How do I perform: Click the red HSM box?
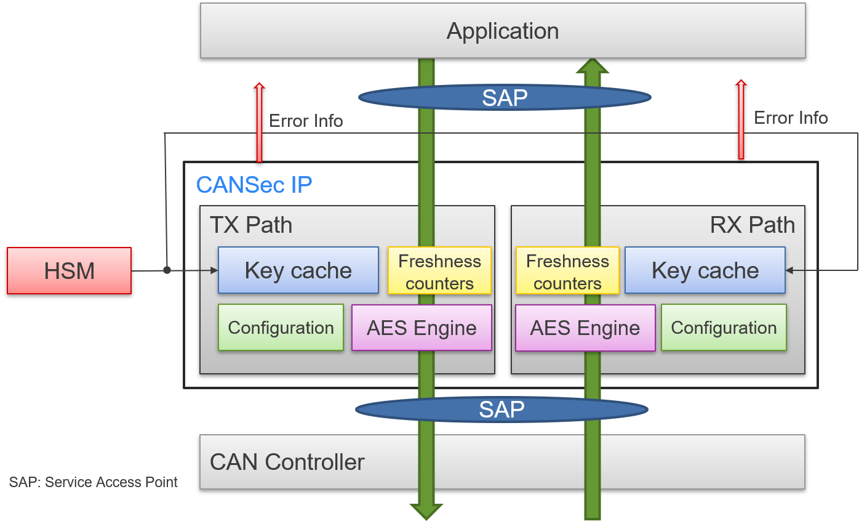click(x=69, y=270)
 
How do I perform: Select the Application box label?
click(x=503, y=31)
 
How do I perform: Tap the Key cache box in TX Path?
click(x=298, y=270)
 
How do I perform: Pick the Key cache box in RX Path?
click(x=705, y=270)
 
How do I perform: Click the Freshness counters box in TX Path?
click(x=439, y=272)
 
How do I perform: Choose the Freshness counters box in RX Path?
click(x=567, y=272)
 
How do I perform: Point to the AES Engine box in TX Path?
click(x=422, y=328)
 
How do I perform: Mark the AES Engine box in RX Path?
click(x=585, y=328)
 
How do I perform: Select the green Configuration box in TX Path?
click(x=281, y=328)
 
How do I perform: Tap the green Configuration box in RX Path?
click(x=724, y=328)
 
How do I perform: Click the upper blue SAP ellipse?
click(x=505, y=97)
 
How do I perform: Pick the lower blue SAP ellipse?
click(x=501, y=409)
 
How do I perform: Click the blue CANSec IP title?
click(x=254, y=185)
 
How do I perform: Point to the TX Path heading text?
click(x=251, y=225)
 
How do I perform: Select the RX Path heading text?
click(x=753, y=225)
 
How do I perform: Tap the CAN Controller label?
click(x=287, y=462)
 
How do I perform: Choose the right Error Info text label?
click(x=791, y=118)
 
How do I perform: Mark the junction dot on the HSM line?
click(x=167, y=270)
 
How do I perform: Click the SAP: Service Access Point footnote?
click(x=94, y=482)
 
